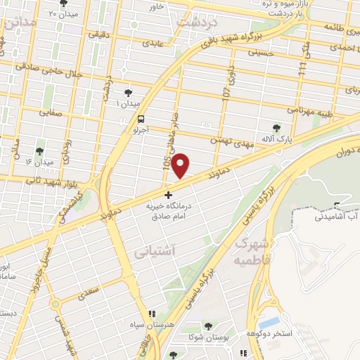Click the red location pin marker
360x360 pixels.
[x=181, y=165]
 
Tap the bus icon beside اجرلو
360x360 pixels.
[x=142, y=119]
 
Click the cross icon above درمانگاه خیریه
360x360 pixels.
[x=168, y=194]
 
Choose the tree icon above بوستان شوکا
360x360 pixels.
[x=209, y=326]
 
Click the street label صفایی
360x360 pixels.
[x=51, y=111]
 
